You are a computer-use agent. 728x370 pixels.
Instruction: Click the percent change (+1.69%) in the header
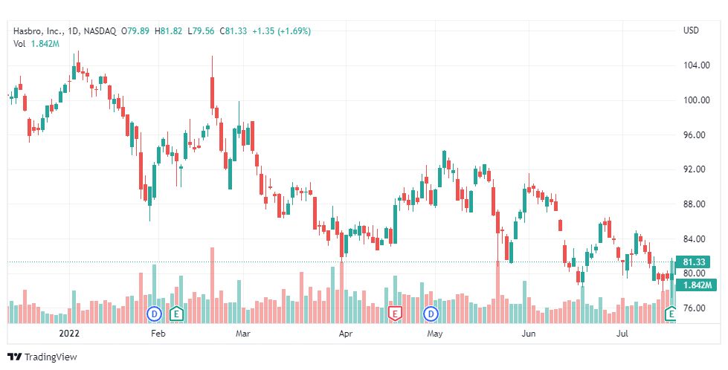click(294, 31)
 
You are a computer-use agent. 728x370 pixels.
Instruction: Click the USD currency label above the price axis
click(690, 30)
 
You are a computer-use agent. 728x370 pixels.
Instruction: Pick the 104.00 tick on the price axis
click(695, 65)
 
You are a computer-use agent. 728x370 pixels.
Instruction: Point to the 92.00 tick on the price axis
click(695, 169)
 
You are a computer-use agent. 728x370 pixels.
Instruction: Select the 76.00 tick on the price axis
click(695, 308)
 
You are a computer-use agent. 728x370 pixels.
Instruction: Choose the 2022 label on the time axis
click(68, 334)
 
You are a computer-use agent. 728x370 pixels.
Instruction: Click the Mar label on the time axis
click(243, 334)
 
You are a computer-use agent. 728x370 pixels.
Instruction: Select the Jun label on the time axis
click(528, 334)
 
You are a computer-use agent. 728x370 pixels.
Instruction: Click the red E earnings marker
click(395, 314)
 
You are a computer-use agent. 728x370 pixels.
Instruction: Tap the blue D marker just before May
click(431, 314)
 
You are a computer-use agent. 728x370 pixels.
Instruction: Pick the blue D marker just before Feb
click(155, 314)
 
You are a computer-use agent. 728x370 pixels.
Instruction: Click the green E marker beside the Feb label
click(176, 314)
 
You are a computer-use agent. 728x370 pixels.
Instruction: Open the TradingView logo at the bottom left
click(42, 357)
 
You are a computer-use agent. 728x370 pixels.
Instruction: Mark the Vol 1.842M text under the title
click(36, 44)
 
